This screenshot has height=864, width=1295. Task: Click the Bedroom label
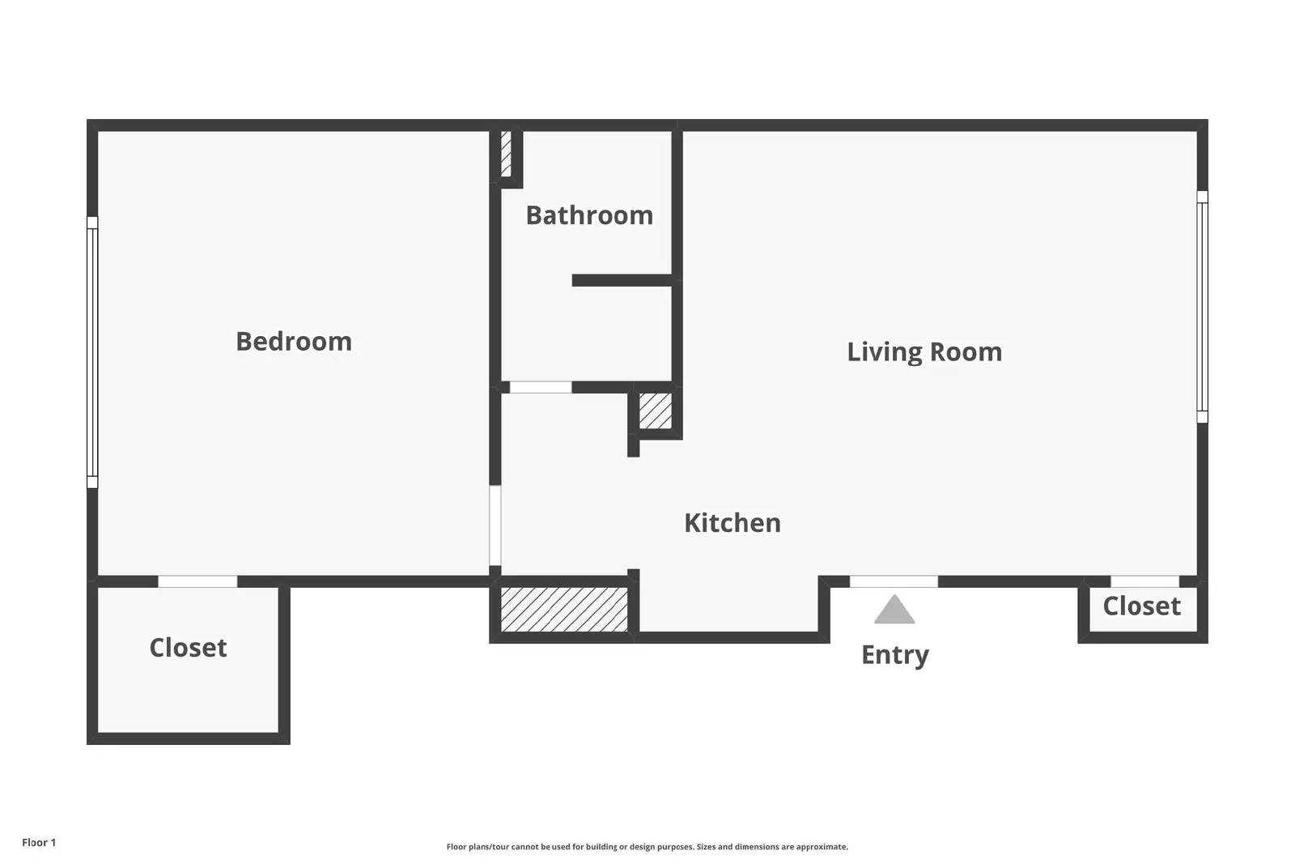tap(294, 341)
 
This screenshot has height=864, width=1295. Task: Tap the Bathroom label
tap(589, 215)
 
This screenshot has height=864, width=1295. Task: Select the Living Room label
tap(924, 351)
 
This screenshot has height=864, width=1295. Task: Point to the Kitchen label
tap(732, 523)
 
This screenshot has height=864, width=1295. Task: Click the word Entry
tap(895, 655)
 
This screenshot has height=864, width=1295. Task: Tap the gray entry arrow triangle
tap(894, 610)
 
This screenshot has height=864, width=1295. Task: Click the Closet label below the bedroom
tap(188, 647)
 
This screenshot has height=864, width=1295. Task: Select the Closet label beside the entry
tap(1142, 606)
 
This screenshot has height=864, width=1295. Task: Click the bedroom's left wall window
tap(92, 352)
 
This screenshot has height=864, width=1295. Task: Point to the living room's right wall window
tap(1202, 307)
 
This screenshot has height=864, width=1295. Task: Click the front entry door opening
tap(894, 581)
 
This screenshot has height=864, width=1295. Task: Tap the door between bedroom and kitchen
tap(495, 525)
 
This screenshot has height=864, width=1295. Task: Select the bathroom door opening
tap(541, 387)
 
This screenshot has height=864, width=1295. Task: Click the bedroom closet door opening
tap(197, 581)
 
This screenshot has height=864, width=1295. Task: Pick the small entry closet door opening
tap(1144, 581)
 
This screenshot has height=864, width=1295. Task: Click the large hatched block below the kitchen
tap(564, 609)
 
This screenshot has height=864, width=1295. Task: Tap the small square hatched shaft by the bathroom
tap(656, 411)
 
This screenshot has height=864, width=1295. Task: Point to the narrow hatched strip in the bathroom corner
tap(506, 154)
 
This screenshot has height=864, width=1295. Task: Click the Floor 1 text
tap(39, 843)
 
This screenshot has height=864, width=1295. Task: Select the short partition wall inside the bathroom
tap(622, 280)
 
